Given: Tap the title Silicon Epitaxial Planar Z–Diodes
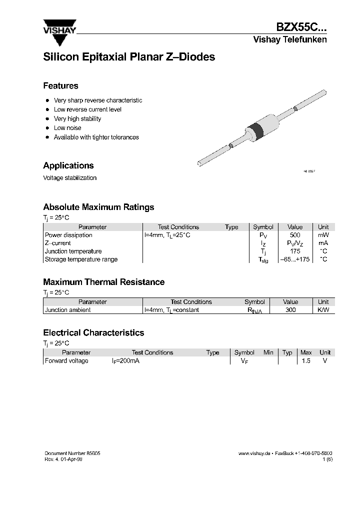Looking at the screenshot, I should click(129, 57).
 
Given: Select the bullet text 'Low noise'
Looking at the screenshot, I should click(67, 128).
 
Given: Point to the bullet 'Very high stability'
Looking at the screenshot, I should click(77, 119).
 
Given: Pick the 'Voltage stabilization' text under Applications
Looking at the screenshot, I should click(70, 178).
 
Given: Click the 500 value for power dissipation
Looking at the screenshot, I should click(295, 235).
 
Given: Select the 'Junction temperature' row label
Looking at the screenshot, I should click(73, 251).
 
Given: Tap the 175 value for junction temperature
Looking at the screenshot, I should click(295, 251).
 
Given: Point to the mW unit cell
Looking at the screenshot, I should click(323, 235).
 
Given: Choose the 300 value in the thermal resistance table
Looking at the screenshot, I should click(290, 310).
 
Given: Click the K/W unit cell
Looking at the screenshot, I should click(323, 310).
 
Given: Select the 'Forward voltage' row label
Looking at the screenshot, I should click(66, 361).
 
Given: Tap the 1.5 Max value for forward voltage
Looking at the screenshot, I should click(306, 361).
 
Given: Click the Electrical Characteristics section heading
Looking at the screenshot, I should click(93, 333).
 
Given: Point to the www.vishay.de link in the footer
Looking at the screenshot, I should click(254, 453).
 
